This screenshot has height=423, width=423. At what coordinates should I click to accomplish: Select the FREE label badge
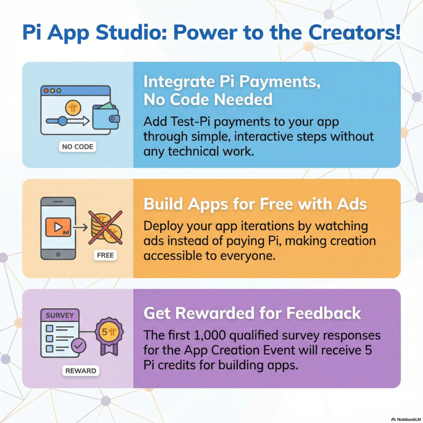(106, 255)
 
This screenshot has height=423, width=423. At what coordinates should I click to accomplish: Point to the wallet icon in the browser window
(105, 115)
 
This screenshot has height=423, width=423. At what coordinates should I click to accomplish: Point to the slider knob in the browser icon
(62, 121)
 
